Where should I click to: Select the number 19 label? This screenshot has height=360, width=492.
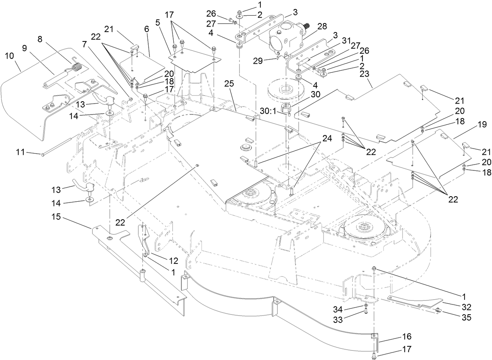coord(481,125)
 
